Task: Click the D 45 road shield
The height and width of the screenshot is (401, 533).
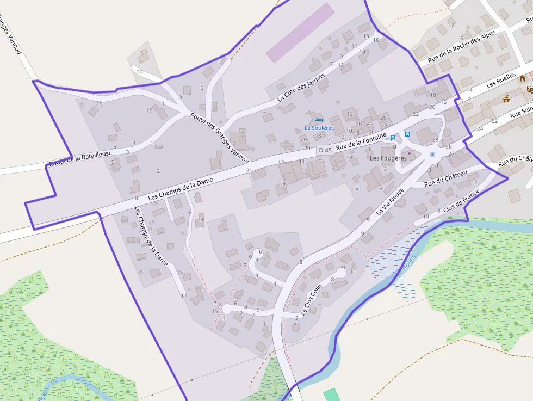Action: tap(325, 150)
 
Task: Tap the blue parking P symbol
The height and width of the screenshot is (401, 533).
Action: tap(393, 138)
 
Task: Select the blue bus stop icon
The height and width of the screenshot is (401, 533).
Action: tap(407, 134)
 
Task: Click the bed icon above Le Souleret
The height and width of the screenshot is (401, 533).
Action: tap(318, 119)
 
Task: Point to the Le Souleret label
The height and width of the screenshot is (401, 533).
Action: tap(318, 128)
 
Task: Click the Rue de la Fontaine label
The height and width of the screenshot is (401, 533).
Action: tap(361, 141)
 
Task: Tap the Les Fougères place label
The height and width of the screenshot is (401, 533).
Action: tap(388, 158)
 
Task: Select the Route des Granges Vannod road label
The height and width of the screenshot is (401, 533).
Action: tap(219, 138)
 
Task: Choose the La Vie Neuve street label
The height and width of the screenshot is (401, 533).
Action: tap(391, 202)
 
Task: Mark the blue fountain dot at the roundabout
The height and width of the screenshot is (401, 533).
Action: tap(432, 155)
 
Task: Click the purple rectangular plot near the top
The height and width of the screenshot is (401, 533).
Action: tap(300, 33)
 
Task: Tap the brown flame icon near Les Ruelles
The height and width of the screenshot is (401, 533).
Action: tap(523, 78)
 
